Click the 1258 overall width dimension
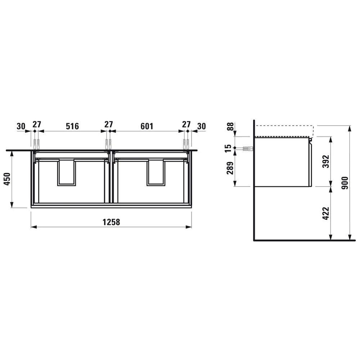[111, 222]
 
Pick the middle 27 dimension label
[108, 125]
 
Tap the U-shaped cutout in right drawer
[156, 172]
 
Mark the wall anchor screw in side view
[248, 148]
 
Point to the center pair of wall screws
[109, 144]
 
